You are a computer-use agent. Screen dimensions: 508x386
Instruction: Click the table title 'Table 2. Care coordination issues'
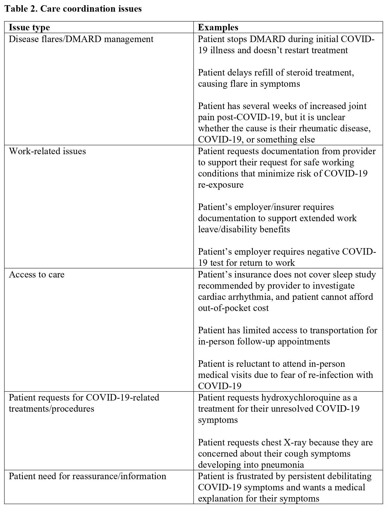coord(73,9)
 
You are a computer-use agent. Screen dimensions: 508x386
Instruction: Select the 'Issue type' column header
coord(29,27)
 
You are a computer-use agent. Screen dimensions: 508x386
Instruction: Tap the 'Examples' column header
coord(218,27)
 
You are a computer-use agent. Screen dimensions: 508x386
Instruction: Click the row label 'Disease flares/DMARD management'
coord(81,39)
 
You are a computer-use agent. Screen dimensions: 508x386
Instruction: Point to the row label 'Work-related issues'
coord(47,151)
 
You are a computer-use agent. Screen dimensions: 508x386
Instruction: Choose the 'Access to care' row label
coord(37,275)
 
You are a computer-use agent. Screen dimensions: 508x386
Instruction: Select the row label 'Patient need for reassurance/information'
coord(87,476)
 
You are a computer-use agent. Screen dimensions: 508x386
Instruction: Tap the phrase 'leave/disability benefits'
coord(244,229)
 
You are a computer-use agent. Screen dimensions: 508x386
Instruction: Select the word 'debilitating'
coord(346,476)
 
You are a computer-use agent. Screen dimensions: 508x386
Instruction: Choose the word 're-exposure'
coord(221,185)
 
